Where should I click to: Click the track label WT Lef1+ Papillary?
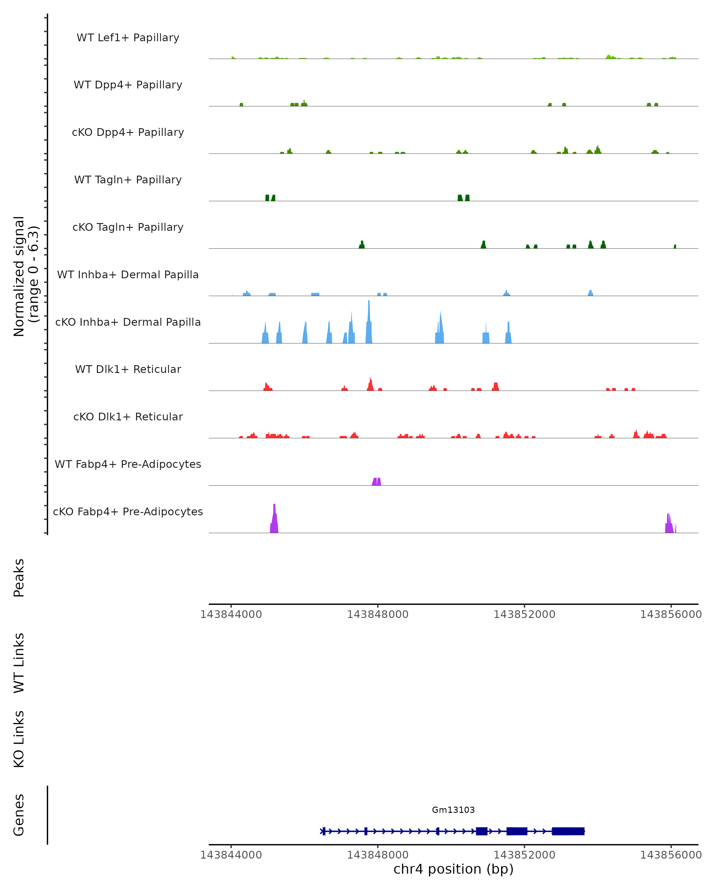[x=128, y=38]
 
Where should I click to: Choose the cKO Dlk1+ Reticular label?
[x=128, y=417]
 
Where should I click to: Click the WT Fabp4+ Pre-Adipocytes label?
[x=128, y=464]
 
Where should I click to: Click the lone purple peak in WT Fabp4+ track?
[x=376, y=482]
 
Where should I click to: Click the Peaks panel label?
[x=19, y=578]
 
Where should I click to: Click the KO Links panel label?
[x=19, y=739]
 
